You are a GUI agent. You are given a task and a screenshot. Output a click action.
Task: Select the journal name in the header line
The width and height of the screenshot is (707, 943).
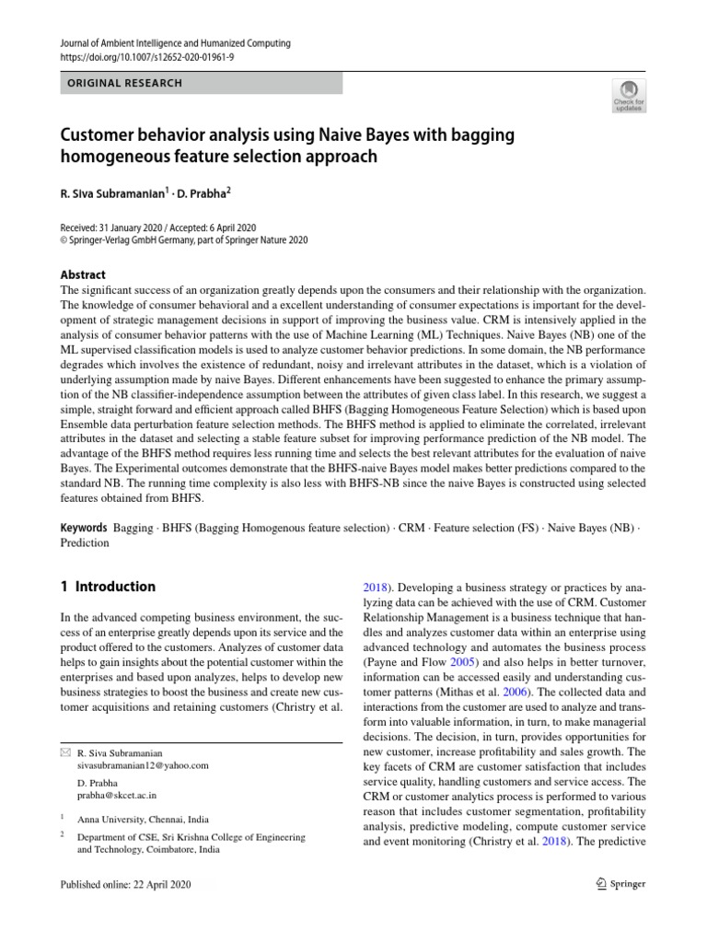175,43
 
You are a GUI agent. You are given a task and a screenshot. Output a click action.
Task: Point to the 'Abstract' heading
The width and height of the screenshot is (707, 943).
83,274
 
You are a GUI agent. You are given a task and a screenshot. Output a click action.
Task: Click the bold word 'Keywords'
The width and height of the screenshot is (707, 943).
86,529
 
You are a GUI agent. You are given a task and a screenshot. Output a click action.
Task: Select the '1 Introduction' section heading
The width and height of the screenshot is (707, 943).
108,587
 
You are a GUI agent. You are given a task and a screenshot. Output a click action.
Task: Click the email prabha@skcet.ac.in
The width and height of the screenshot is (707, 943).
117,794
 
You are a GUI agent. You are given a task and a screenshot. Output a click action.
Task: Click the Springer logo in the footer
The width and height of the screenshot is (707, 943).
621,884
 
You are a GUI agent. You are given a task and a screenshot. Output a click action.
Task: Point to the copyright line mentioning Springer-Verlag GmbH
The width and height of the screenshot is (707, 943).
184,240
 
